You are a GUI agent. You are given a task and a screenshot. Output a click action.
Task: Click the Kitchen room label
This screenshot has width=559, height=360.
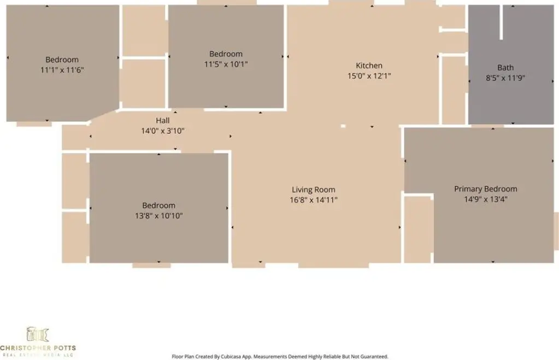[369, 66]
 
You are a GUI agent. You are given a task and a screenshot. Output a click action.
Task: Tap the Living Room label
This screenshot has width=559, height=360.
[313, 190]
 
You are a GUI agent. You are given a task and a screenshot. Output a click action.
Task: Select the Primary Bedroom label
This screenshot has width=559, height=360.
[486, 189]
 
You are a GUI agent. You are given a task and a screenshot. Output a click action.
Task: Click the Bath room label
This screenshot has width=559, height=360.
[505, 68]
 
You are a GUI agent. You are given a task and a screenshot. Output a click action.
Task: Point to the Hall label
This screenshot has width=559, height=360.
[163, 121]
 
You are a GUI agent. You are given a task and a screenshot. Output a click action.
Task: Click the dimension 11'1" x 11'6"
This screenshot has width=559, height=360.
[62, 70]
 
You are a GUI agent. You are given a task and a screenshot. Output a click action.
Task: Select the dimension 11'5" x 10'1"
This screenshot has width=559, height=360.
[226, 64]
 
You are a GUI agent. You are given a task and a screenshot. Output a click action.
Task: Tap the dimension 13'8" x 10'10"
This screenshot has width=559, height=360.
[158, 216]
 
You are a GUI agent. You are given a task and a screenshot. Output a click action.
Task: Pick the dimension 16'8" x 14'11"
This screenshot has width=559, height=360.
[313, 200]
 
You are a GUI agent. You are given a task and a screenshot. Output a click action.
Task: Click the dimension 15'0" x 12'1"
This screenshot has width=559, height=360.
[369, 76]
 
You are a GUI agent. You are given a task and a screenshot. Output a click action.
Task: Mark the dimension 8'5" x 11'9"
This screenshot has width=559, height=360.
[505, 78]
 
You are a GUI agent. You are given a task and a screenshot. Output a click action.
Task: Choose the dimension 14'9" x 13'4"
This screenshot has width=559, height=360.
[486, 199]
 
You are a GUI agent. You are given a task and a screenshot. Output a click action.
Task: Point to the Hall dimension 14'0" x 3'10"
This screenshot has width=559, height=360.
[163, 131]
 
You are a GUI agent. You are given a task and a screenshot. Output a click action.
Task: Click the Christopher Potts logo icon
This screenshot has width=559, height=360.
[38, 334]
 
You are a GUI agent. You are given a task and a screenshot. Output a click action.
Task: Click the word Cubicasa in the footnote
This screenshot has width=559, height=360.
[230, 356]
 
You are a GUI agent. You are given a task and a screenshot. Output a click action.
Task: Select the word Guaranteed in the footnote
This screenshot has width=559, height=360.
[376, 356]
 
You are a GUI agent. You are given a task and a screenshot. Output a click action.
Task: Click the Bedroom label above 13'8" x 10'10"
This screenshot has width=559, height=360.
[158, 205]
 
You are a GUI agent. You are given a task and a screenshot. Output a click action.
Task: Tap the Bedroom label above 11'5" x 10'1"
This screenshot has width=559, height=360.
[226, 54]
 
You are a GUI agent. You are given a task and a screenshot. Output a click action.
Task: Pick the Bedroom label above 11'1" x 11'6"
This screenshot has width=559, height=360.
[62, 60]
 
